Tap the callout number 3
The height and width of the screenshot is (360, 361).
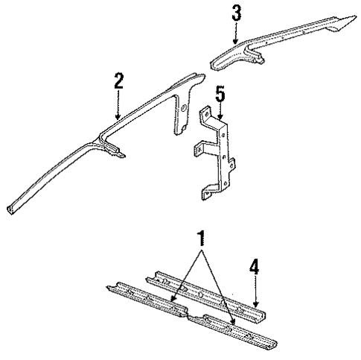[x=236, y=13]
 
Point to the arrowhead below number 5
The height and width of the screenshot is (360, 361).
[x=220, y=119]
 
